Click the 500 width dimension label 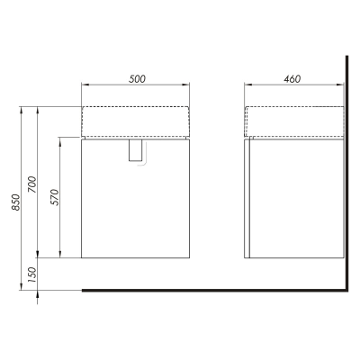137,79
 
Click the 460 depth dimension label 292,79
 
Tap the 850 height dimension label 16,202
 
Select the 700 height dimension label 32,184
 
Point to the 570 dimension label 55,197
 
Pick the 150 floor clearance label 32,274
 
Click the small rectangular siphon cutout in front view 135,150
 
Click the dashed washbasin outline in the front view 136,106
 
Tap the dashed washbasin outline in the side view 294,106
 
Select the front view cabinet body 136,199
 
